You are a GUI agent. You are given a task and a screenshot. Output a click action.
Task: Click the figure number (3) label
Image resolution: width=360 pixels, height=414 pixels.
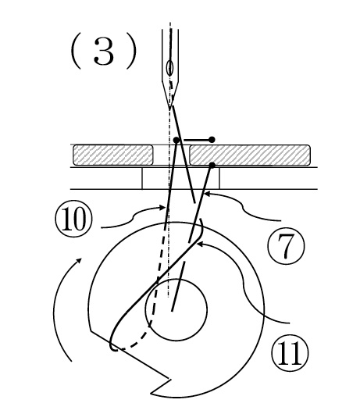[104, 52]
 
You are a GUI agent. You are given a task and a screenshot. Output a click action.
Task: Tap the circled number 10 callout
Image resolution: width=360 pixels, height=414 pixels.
[73, 219]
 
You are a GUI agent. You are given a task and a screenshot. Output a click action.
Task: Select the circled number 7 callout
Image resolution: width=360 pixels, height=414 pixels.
[286, 246]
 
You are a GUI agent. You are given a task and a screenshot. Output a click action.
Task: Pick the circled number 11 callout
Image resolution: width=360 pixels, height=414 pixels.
[290, 352]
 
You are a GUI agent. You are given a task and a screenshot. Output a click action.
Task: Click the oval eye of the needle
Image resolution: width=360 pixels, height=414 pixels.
[169, 68]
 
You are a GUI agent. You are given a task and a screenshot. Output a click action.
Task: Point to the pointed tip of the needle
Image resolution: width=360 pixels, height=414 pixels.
[170, 109]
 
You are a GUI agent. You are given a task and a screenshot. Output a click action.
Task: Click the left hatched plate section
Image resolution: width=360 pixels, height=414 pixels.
[113, 155]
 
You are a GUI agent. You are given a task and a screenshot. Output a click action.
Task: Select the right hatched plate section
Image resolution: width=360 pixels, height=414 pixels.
[250, 155]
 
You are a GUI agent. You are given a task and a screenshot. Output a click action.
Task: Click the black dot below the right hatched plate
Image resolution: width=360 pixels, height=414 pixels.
[212, 166]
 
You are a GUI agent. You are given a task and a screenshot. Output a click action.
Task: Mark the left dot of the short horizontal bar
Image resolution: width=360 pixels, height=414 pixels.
[176, 140]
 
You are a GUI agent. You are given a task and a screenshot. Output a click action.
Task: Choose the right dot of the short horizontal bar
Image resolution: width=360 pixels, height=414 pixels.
[212, 140]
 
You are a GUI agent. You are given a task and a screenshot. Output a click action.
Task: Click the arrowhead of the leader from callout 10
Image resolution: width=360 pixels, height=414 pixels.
[162, 208]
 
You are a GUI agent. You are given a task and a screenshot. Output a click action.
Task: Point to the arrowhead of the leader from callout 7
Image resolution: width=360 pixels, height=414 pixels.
[208, 194]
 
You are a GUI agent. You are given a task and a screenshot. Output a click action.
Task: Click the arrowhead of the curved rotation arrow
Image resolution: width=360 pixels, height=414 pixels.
[79, 261]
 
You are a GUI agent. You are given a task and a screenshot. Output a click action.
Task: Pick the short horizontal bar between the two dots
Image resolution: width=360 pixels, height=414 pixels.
[194, 140]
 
